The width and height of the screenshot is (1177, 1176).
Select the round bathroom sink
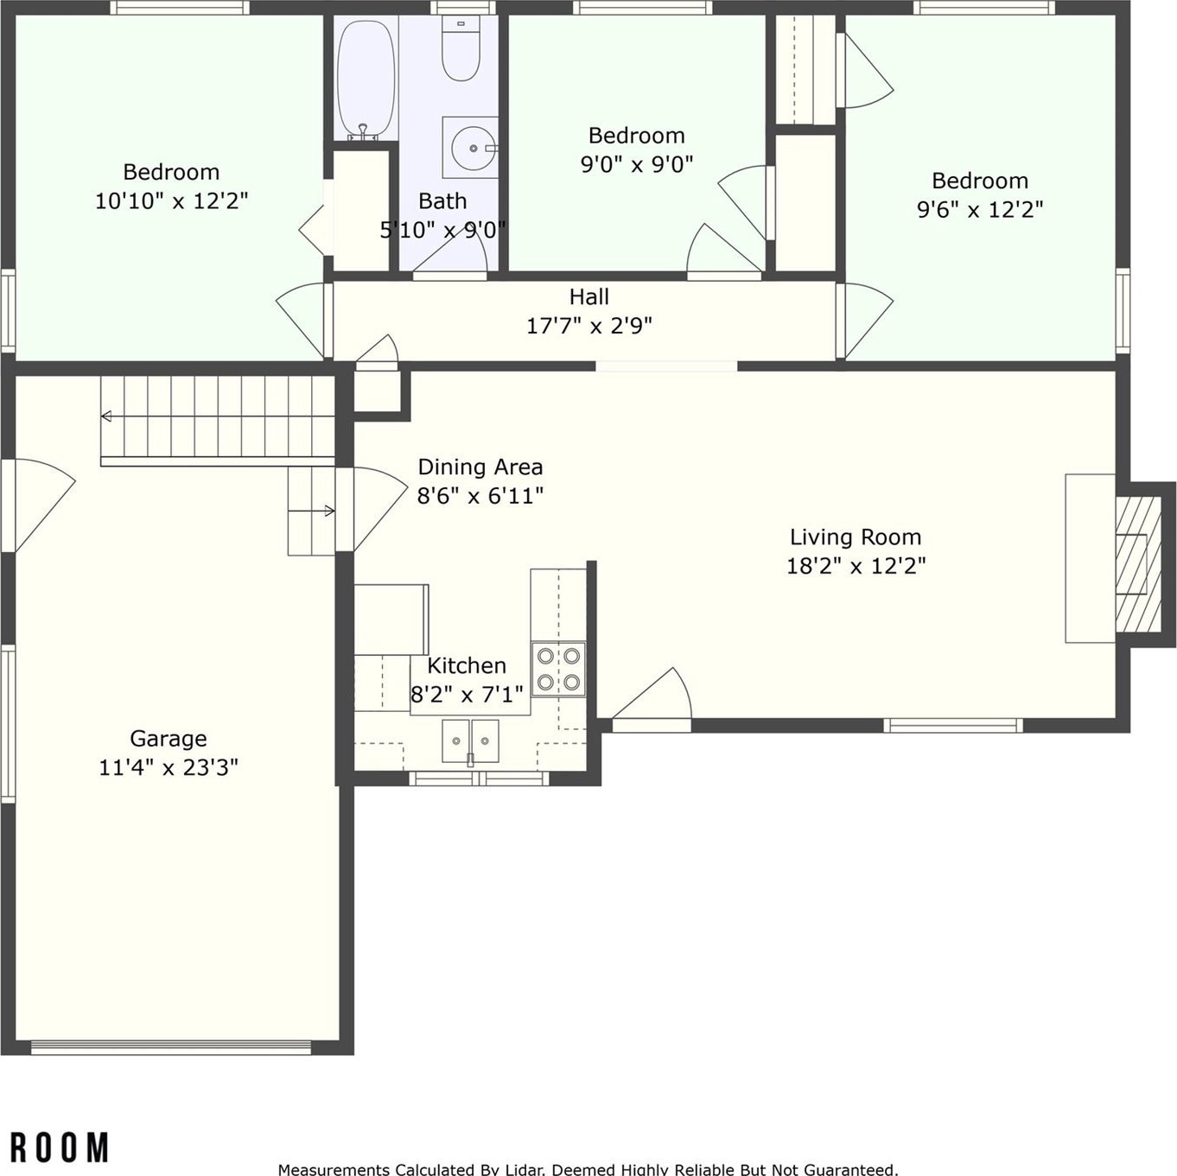(474, 148)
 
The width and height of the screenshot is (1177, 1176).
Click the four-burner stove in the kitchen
(558, 669)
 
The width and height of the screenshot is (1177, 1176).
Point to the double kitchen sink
(470, 741)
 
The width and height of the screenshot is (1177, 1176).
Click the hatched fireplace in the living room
(1138, 564)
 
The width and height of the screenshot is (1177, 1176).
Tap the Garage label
(168, 739)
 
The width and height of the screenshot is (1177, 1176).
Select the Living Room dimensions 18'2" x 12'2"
(856, 566)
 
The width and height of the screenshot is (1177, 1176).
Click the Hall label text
(588, 297)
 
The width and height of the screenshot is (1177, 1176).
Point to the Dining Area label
(480, 467)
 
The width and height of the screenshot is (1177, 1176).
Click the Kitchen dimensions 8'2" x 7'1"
(467, 694)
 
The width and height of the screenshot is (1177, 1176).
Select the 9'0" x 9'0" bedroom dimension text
(636, 164)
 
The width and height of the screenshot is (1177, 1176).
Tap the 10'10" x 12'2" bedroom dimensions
(172, 201)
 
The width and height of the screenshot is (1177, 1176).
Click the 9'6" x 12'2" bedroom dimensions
(980, 210)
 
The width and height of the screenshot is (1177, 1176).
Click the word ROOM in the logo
(60, 1147)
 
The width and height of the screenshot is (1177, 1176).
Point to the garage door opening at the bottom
(171, 1047)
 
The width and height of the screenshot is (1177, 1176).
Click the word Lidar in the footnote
(526, 1169)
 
